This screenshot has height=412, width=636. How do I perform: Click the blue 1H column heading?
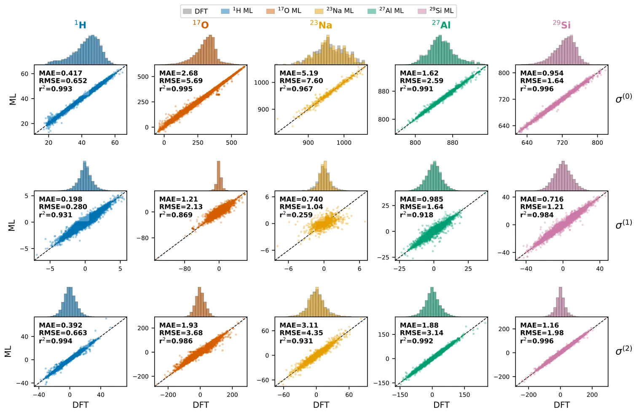(x=81, y=25)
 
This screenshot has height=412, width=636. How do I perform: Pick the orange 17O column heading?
(x=201, y=25)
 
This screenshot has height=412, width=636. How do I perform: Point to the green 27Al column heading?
(x=441, y=25)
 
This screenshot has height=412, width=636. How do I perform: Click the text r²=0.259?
(x=296, y=215)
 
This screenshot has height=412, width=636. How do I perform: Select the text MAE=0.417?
(x=60, y=73)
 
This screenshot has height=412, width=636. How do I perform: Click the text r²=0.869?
(x=176, y=215)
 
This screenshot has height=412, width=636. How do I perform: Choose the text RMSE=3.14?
(x=421, y=333)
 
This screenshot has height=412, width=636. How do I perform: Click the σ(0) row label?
(x=623, y=99)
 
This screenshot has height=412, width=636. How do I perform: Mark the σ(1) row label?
(x=623, y=225)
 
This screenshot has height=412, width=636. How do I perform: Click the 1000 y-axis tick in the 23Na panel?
(x=261, y=83)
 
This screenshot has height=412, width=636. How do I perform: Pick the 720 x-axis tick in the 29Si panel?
(x=562, y=143)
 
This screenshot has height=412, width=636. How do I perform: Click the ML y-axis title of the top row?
(x=13, y=99)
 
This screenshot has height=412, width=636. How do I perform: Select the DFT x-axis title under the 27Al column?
(x=441, y=405)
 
